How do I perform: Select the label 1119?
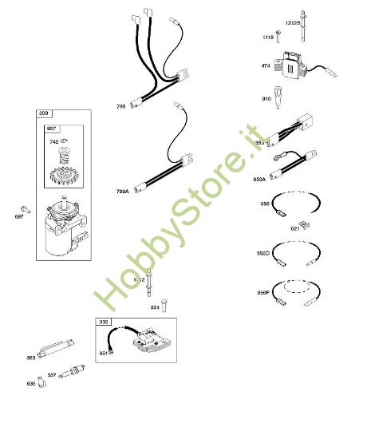(x=268, y=38)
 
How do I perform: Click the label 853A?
(x=260, y=179)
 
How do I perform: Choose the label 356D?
(x=263, y=254)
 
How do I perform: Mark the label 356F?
(x=263, y=294)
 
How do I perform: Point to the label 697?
(x=20, y=215)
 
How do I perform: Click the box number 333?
(x=104, y=322)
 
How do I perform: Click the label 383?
(x=32, y=358)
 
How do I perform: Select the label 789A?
(x=122, y=192)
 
